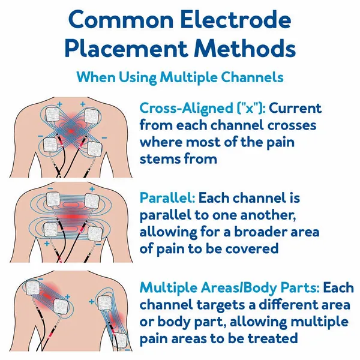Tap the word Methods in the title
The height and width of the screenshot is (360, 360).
point(245,49)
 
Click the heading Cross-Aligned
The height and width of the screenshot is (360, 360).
point(187,108)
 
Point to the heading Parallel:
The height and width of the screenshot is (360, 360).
point(167,197)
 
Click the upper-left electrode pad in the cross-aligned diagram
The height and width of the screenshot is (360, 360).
point(53,115)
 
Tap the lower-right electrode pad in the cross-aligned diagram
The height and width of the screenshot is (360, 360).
point(95,149)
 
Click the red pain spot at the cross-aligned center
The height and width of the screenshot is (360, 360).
point(71,131)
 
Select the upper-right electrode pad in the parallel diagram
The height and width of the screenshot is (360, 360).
point(92,200)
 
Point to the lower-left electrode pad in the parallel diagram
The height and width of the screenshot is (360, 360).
point(50,230)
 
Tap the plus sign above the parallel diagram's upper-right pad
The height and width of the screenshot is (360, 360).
point(92,189)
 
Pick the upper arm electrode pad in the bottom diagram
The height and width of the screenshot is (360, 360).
point(104,303)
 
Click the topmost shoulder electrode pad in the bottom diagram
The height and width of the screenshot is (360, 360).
point(32,288)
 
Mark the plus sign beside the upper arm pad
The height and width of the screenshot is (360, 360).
point(91,301)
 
